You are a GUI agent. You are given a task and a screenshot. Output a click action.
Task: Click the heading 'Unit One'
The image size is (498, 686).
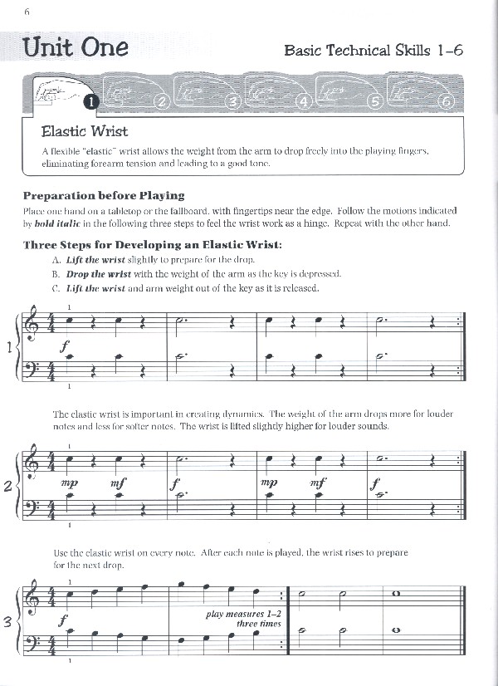(x=76, y=47)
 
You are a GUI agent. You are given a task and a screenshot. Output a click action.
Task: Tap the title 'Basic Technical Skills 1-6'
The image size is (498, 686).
(x=373, y=50)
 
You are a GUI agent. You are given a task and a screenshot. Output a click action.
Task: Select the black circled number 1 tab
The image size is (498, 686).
(x=91, y=102)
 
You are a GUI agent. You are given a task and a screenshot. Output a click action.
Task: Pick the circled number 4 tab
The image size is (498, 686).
(x=303, y=102)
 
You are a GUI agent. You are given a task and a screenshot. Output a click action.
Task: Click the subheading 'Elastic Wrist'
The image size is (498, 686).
(x=85, y=131)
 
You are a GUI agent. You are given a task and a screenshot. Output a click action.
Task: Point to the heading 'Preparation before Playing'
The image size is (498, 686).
(x=104, y=195)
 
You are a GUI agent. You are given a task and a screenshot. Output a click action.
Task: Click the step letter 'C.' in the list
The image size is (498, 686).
(x=56, y=288)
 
